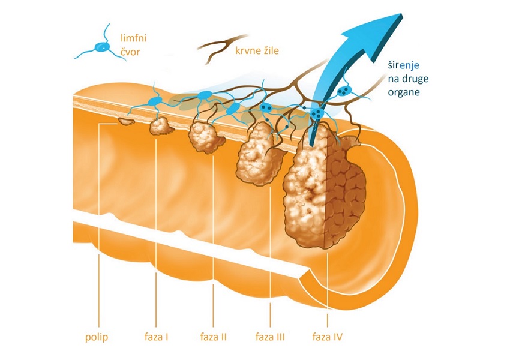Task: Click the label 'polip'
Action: [97, 337]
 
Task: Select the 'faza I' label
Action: [155, 337]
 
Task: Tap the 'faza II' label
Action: [212, 337]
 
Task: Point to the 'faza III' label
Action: [270, 337]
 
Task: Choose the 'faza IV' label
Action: [328, 337]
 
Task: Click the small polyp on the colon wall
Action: [127, 122]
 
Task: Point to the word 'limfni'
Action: [133, 38]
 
